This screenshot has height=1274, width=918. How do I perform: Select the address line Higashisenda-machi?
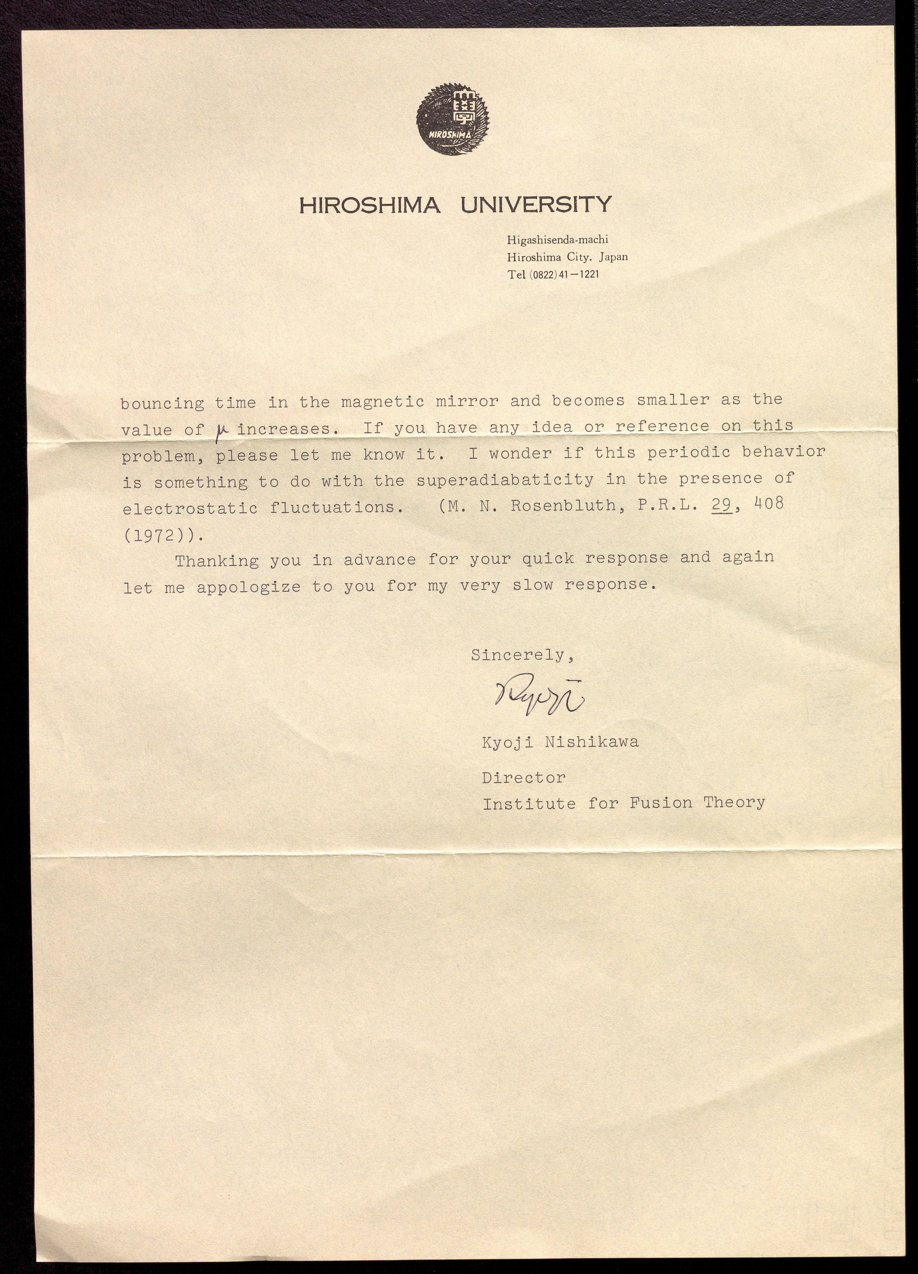pos(557,240)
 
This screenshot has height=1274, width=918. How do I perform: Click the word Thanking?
pos(217,561)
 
